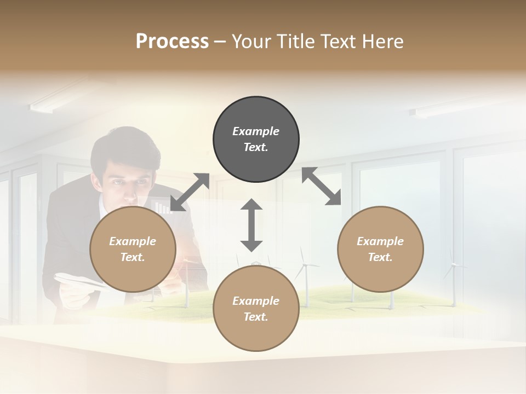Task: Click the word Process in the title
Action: (172, 42)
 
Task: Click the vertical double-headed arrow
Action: (251, 225)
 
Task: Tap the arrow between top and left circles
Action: (190, 192)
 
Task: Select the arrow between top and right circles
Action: (321, 187)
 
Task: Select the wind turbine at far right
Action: (453, 276)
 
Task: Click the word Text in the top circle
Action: (256, 147)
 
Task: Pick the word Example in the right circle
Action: (380, 241)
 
